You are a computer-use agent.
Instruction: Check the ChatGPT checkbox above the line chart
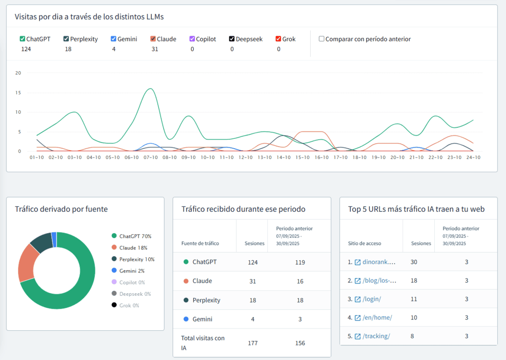(x=22, y=39)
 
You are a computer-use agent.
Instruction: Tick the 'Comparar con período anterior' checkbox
(x=322, y=39)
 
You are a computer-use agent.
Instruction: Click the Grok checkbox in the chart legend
(x=279, y=39)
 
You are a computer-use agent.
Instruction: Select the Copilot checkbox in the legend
(x=192, y=39)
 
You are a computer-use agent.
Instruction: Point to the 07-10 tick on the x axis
(x=151, y=157)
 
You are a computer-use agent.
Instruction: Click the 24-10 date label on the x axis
(x=474, y=157)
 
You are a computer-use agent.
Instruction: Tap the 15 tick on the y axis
(x=18, y=92)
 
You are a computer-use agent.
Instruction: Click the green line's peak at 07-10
(x=151, y=89)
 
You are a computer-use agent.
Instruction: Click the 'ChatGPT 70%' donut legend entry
(x=135, y=236)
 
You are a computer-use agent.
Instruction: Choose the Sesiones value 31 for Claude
(x=253, y=281)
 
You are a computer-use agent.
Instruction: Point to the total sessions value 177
(x=253, y=343)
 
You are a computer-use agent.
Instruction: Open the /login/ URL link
(x=372, y=299)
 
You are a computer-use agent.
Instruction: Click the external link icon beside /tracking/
(x=357, y=336)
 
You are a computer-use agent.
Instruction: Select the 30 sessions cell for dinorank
(x=414, y=262)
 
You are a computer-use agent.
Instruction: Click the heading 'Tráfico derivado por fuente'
(x=61, y=209)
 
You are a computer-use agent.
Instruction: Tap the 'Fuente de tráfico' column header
(x=200, y=243)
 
